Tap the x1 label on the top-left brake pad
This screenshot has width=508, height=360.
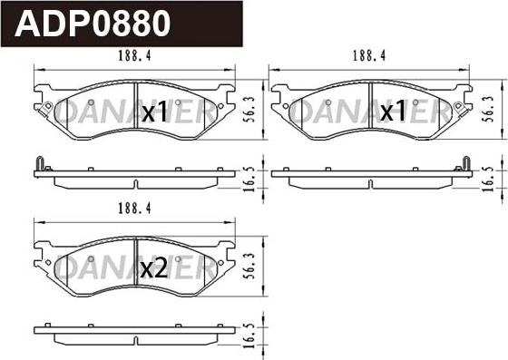point(155,113)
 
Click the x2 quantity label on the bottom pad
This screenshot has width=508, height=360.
point(154,268)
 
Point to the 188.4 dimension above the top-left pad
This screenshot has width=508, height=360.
point(133,56)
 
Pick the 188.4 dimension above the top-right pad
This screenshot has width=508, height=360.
point(370,56)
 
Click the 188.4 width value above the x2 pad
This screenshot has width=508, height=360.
point(133,209)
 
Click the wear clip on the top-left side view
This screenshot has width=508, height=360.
point(39,164)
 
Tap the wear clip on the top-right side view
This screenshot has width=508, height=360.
point(465,164)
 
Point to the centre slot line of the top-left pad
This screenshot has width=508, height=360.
point(134,109)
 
